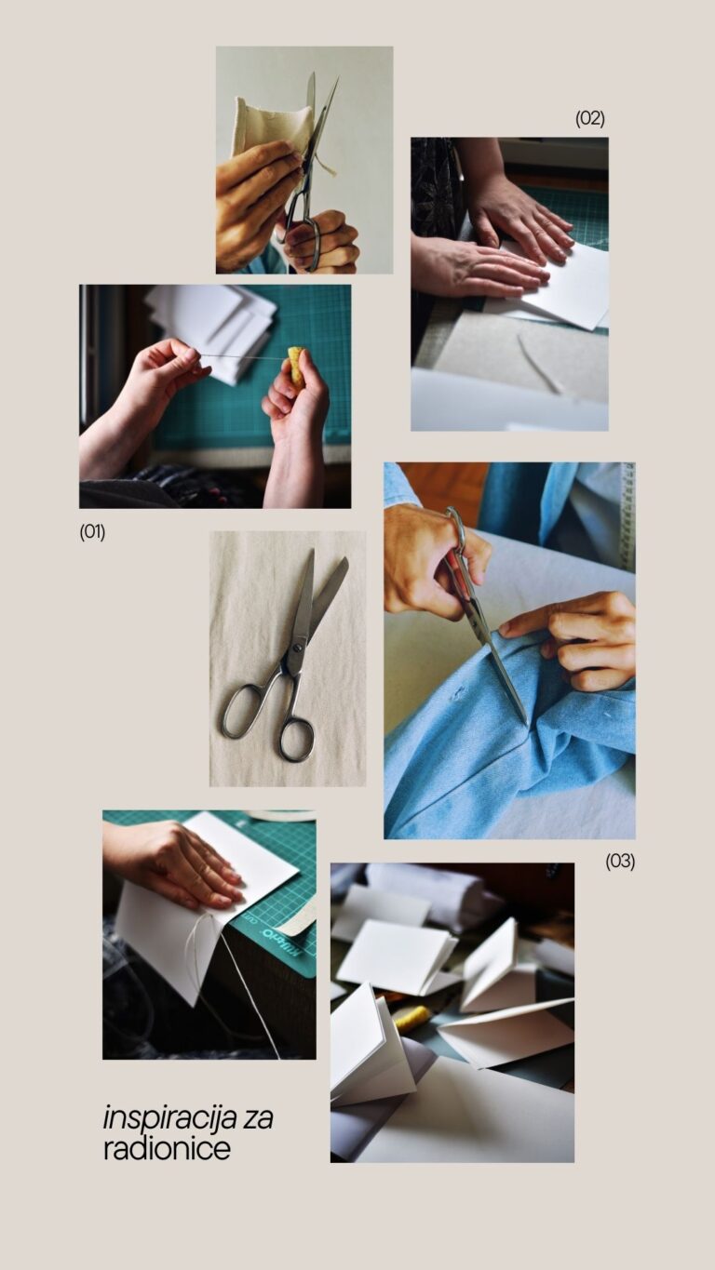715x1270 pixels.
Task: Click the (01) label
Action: (x=92, y=532)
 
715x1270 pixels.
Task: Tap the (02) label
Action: (x=590, y=118)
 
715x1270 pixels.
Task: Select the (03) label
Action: (x=620, y=862)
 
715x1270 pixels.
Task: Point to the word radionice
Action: (x=167, y=1149)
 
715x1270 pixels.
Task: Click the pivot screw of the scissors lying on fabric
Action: (x=297, y=648)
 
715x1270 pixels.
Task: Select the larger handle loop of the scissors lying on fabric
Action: (x=243, y=711)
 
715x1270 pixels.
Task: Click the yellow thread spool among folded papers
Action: (x=411, y=1018)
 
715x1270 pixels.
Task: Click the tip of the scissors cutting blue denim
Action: (x=527, y=724)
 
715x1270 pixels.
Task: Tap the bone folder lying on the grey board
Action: (x=539, y=364)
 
